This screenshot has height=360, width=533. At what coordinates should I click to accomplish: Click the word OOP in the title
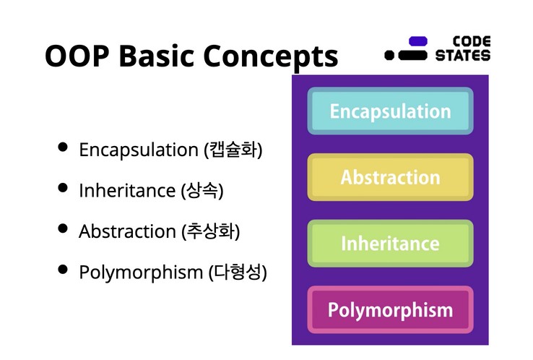point(77,56)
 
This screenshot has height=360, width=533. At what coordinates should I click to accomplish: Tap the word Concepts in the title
point(271,57)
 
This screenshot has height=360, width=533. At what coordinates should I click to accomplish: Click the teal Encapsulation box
point(390,111)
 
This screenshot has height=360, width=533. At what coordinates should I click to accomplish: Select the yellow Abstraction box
point(390,177)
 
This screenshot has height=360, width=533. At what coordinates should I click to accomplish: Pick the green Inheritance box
point(390,244)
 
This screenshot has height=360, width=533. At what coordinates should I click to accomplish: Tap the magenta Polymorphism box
point(390,310)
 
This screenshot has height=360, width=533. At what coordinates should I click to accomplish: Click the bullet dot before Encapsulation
point(63,147)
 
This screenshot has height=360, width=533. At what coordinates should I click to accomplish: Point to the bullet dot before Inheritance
point(63,187)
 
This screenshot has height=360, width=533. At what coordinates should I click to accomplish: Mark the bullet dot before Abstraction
point(63,228)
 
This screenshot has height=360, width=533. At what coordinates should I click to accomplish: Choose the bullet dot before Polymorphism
point(63,269)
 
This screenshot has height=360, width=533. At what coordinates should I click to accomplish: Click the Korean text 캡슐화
point(233,150)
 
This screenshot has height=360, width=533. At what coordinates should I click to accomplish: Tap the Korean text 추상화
point(211,231)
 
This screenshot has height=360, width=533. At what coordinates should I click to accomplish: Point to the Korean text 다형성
point(238,272)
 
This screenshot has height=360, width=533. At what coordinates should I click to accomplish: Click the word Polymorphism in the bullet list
point(141,273)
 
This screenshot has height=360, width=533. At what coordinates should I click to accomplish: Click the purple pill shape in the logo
point(417,41)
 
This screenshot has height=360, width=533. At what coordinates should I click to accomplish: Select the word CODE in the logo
point(472,41)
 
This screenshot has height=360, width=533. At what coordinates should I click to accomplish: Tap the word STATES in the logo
point(463,56)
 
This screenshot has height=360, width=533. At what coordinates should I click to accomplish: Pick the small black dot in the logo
point(389,55)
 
